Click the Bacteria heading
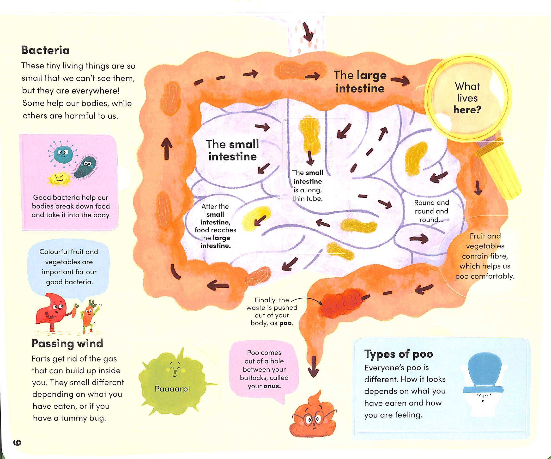pyautogui.click(x=45, y=50)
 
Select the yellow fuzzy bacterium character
pyautogui.click(x=59, y=179)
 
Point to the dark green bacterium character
pyautogui.click(x=86, y=167)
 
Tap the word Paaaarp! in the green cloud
pyautogui.click(x=172, y=389)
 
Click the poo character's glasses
pyautogui.click(x=314, y=417)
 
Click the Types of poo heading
pyautogui.click(x=399, y=354)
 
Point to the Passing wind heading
pyautogui.click(x=67, y=343)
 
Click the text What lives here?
pyautogui.click(x=467, y=98)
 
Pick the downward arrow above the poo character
pyautogui.click(x=313, y=367)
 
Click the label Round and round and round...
pyautogui.click(x=431, y=211)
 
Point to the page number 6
pyautogui.click(x=17, y=442)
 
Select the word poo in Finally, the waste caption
pyautogui.click(x=285, y=323)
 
